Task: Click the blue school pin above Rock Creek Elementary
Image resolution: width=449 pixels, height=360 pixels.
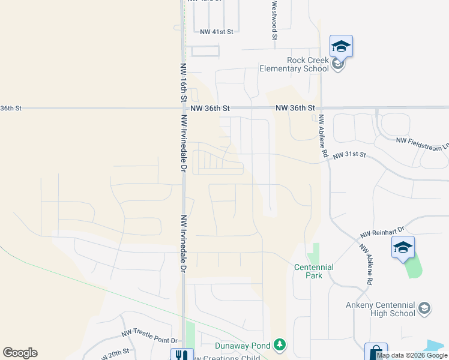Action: (x=341, y=46)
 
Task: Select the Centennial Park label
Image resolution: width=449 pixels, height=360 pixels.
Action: (x=314, y=271)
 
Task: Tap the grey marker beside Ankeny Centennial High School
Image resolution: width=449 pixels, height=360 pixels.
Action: (x=424, y=308)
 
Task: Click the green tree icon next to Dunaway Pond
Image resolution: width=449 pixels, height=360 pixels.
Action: (x=279, y=345)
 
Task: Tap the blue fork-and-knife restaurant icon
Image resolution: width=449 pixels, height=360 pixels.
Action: (x=182, y=355)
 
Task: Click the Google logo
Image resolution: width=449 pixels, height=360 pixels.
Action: (x=20, y=353)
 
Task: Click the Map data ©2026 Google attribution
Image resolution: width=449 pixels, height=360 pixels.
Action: (x=411, y=355)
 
